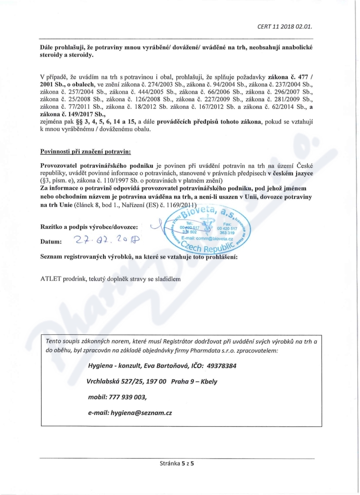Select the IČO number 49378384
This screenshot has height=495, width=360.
point(217,365)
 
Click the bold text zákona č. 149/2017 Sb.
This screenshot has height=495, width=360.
point(63,115)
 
